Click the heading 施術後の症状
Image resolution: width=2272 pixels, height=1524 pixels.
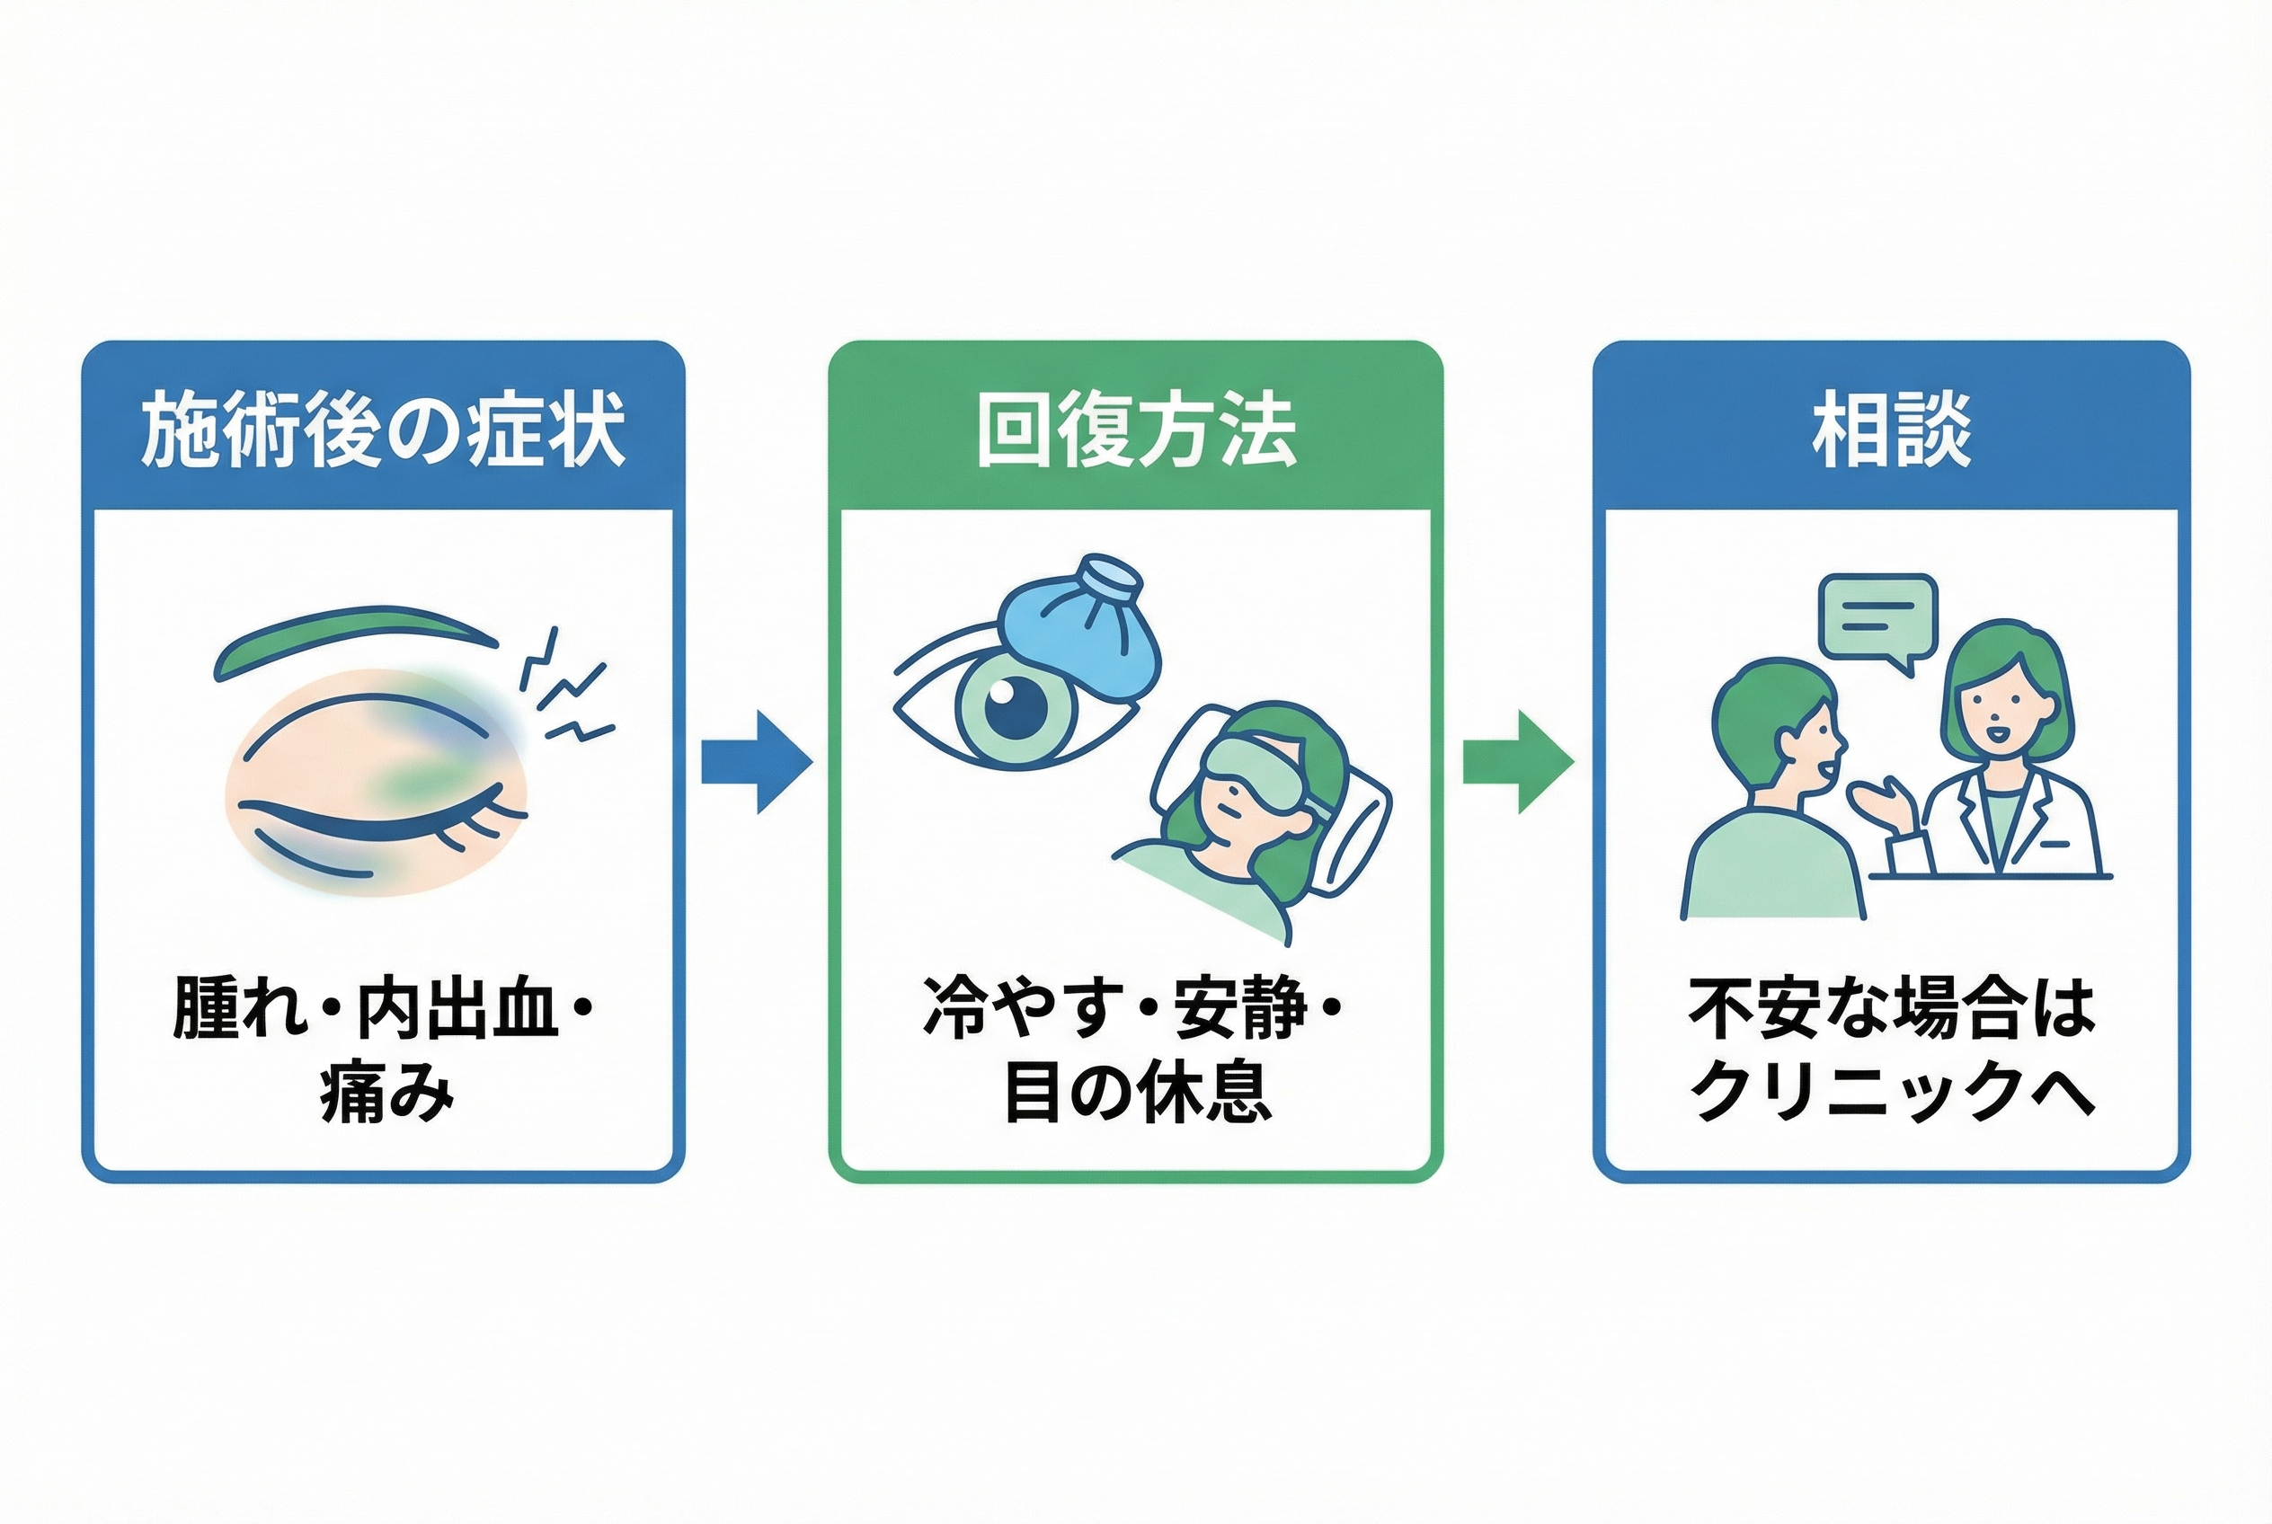[383, 430]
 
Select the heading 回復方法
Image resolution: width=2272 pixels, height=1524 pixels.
[1135, 430]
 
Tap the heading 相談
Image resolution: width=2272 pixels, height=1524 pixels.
[1891, 430]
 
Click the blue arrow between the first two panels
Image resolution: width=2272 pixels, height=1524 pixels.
[757, 761]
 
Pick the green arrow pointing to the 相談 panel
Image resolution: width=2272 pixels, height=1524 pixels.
[1519, 761]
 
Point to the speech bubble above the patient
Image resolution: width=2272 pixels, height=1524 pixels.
[1877, 622]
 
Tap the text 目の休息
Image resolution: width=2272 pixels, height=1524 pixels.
[1135, 1094]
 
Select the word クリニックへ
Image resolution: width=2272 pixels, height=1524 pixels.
[1891, 1093]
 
